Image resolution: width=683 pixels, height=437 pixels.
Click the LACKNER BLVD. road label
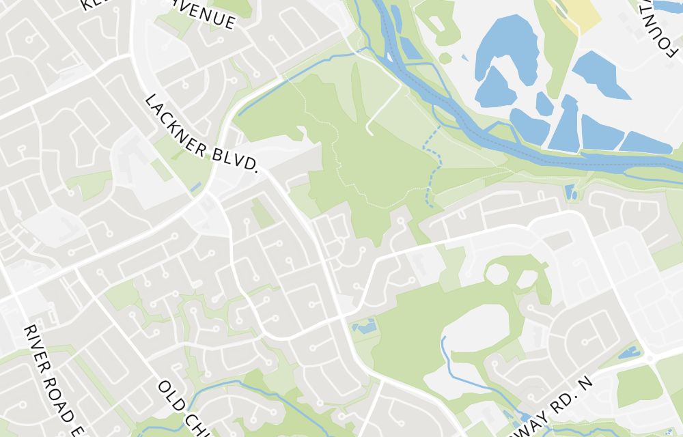pyautogui.click(x=202, y=134)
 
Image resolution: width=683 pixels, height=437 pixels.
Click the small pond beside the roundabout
pyautogui.click(x=628, y=353)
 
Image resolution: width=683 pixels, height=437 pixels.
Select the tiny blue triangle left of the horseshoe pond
pyautogui.click(x=465, y=57)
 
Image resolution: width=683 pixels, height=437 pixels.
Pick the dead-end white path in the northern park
pyautogui.click(x=382, y=109)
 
